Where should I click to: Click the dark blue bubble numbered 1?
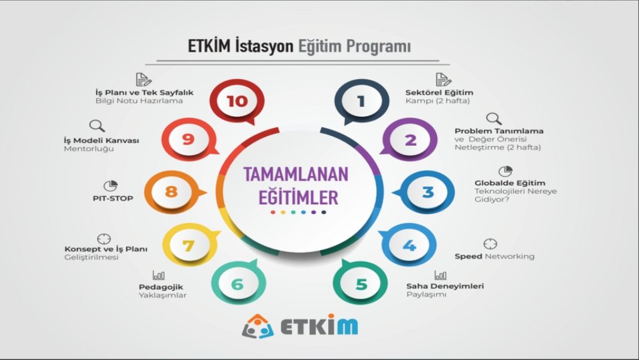tap(362, 101)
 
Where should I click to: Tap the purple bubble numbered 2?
tap(409, 140)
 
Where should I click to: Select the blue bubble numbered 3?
tap(426, 192)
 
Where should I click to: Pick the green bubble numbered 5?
tap(361, 283)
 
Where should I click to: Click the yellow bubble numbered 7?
tap(190, 245)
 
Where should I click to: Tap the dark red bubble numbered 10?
tap(237, 101)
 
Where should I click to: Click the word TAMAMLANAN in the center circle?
tap(296, 175)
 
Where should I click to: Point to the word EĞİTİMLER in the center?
tap(298, 198)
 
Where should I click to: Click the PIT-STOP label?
tap(113, 199)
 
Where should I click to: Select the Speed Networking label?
tap(494, 256)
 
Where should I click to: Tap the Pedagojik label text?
tap(161, 287)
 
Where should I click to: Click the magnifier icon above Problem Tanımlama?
tap(494, 119)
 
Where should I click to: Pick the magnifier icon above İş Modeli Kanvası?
tap(97, 126)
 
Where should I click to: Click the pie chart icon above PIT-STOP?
tap(110, 186)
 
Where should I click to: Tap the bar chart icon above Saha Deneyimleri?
tap(440, 275)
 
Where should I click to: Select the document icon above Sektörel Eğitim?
tap(443, 80)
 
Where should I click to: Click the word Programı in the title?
tap(378, 46)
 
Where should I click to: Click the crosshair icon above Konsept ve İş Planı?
tap(104, 239)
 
